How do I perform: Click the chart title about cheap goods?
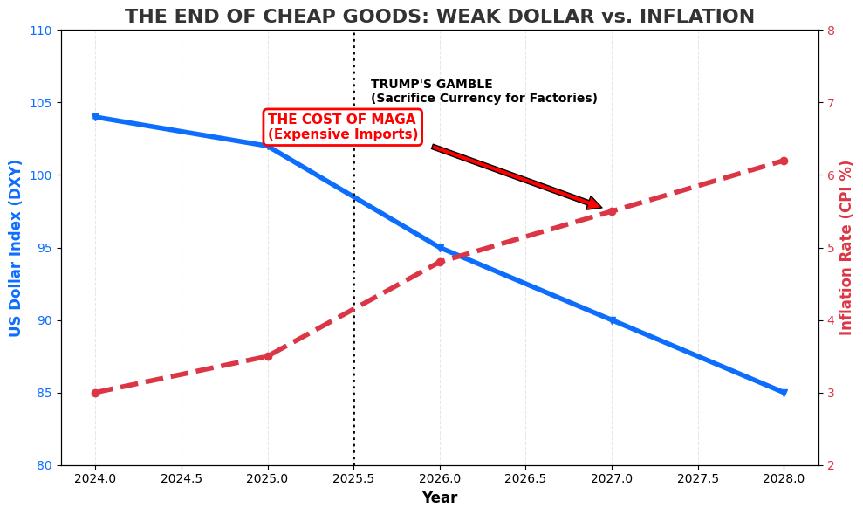[439, 17]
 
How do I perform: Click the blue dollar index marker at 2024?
[95, 117]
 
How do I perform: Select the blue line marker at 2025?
[268, 146]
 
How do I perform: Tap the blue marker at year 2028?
[784, 393]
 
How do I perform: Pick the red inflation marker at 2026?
[440, 262]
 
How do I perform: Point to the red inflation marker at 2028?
[784, 161]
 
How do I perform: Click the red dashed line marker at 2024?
[95, 393]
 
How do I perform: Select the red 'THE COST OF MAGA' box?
[342, 127]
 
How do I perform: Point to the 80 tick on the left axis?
[43, 465]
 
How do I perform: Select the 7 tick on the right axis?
[831, 103]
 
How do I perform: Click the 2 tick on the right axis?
[831, 465]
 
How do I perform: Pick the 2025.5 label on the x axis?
[353, 479]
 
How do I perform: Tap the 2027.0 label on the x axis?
[612, 479]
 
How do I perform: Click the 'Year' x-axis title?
[439, 498]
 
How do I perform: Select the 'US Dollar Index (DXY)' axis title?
[16, 248]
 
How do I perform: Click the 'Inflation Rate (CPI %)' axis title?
[846, 248]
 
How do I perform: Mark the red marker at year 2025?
[268, 356]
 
